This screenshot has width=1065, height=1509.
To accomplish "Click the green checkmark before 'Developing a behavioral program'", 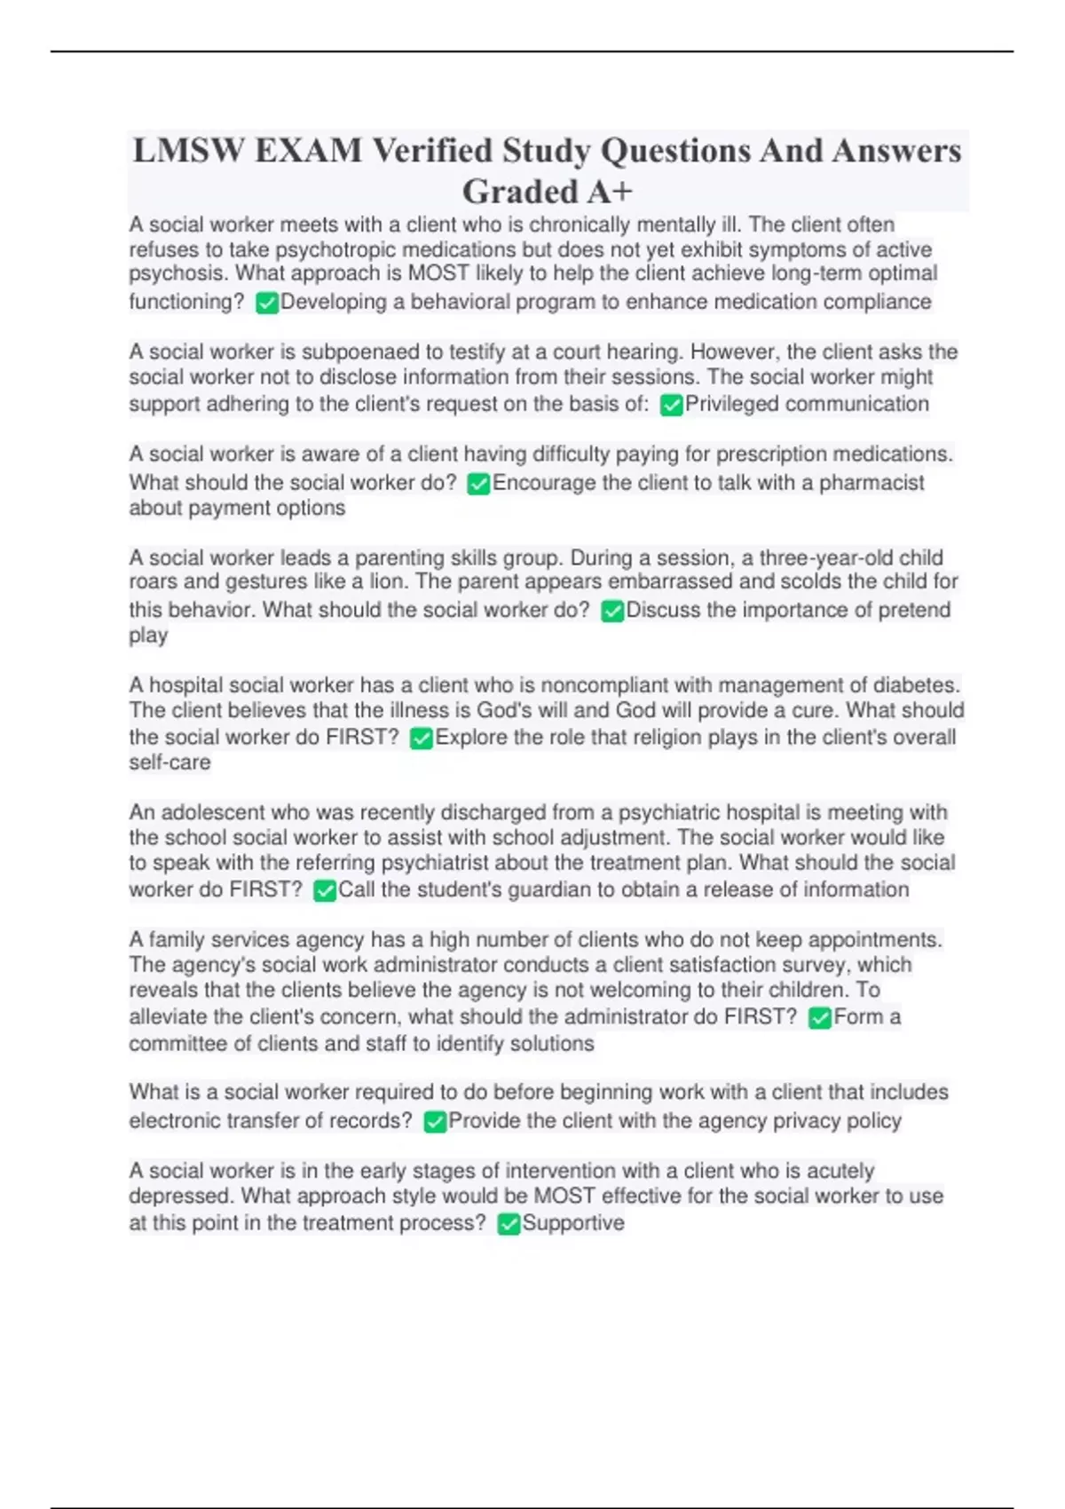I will (x=266, y=304).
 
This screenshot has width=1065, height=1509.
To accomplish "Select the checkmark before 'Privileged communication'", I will (x=671, y=406).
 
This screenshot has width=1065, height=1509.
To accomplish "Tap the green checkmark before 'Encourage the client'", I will (x=478, y=485).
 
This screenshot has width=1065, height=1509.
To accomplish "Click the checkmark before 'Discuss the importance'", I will (x=612, y=612).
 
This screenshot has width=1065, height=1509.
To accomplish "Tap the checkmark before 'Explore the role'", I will (x=422, y=739).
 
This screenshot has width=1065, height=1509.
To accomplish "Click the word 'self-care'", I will (x=170, y=762).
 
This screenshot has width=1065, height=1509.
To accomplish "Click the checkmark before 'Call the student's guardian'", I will (x=325, y=891).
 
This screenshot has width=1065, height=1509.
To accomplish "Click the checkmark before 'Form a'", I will (x=820, y=1018).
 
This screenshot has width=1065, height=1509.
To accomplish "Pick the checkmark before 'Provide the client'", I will (x=435, y=1122).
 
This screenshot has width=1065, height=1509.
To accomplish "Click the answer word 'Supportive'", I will (x=573, y=1223).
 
